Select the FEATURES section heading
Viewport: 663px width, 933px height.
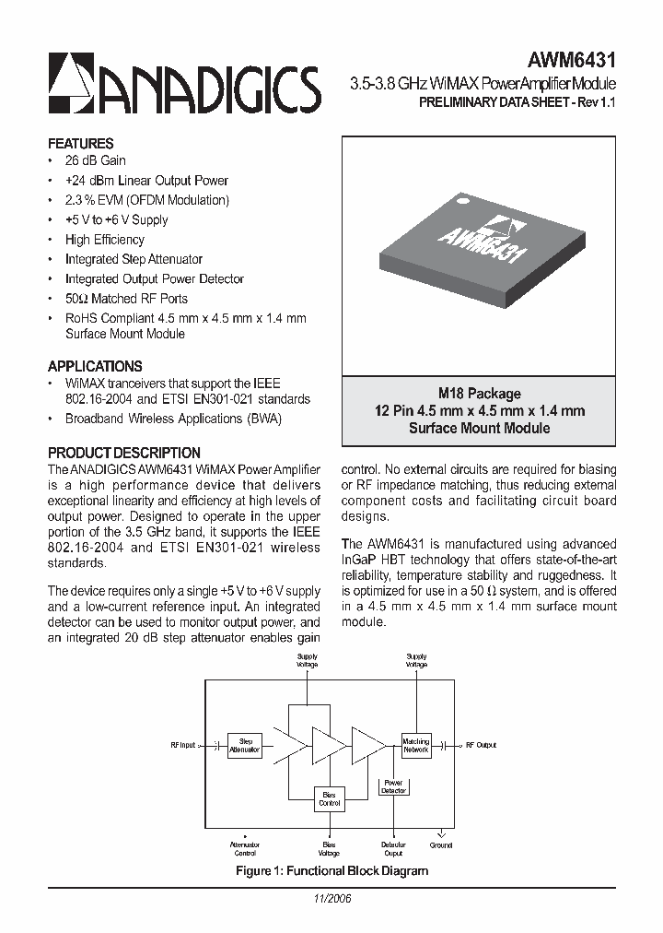coord(81,144)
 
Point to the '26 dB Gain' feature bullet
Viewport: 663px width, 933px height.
coord(95,160)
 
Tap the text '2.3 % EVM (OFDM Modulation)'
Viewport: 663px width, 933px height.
coord(146,200)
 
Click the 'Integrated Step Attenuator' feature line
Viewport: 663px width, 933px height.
coord(134,259)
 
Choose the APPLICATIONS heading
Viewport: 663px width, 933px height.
coord(95,366)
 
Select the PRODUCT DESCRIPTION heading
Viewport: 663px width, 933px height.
coord(123,453)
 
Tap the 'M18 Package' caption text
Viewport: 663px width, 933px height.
coord(479,394)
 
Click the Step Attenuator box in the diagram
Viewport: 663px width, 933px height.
coord(246,745)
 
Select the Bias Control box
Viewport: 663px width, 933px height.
coord(329,798)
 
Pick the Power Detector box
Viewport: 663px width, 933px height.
coord(393,786)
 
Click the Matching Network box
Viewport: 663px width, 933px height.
coord(416,745)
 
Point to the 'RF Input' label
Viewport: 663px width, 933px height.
coord(183,745)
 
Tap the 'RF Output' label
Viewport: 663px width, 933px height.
coord(481,745)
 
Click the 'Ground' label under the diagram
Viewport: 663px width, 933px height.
coord(441,844)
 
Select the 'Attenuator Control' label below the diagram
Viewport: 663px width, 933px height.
coord(245,848)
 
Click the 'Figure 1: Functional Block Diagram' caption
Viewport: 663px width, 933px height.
coord(331,870)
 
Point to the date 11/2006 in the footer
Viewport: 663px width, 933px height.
coord(331,898)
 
